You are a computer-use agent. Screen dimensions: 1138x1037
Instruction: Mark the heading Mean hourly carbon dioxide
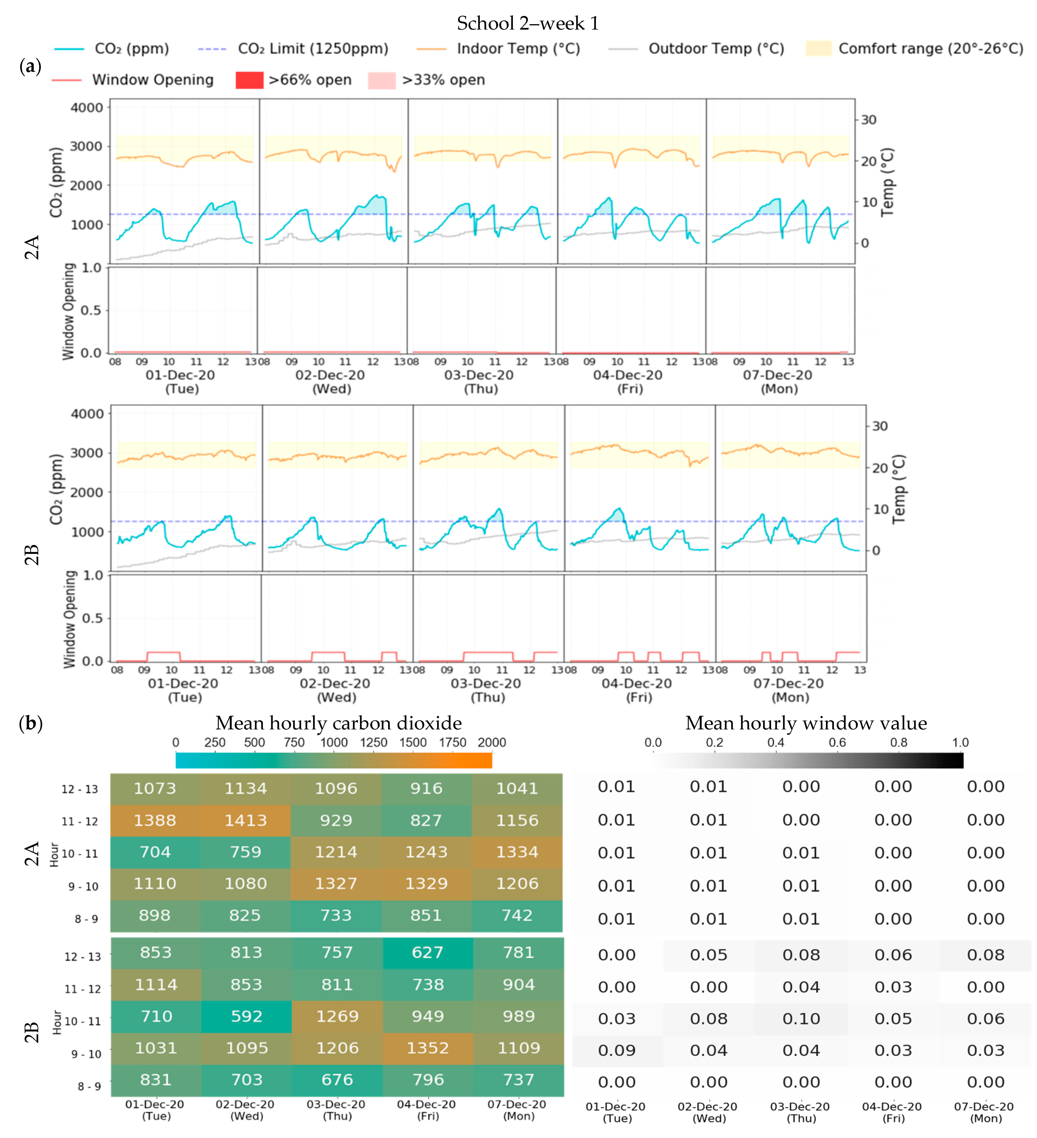click(x=338, y=723)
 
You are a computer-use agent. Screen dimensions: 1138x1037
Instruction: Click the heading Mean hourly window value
click(x=806, y=723)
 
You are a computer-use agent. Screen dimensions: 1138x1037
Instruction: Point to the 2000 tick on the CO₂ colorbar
click(x=491, y=742)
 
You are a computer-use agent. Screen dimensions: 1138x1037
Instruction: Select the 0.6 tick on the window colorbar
click(x=837, y=742)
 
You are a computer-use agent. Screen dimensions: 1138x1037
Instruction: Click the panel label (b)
click(x=30, y=723)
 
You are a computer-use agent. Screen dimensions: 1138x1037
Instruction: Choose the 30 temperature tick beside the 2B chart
click(x=879, y=426)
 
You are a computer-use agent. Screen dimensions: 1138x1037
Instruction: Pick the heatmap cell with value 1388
click(x=155, y=820)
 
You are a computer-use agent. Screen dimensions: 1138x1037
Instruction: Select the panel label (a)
click(x=30, y=67)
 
